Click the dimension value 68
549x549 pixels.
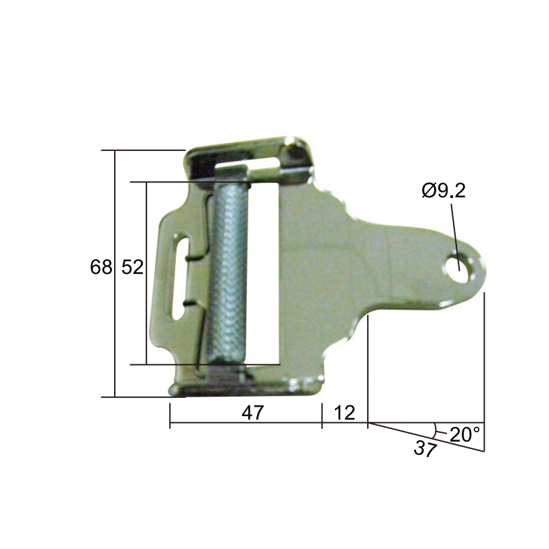(101, 267)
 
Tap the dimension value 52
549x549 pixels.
(132, 267)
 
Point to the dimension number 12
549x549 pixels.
(344, 413)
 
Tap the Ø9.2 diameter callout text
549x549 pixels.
(444, 191)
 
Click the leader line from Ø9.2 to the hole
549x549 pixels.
(455, 228)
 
